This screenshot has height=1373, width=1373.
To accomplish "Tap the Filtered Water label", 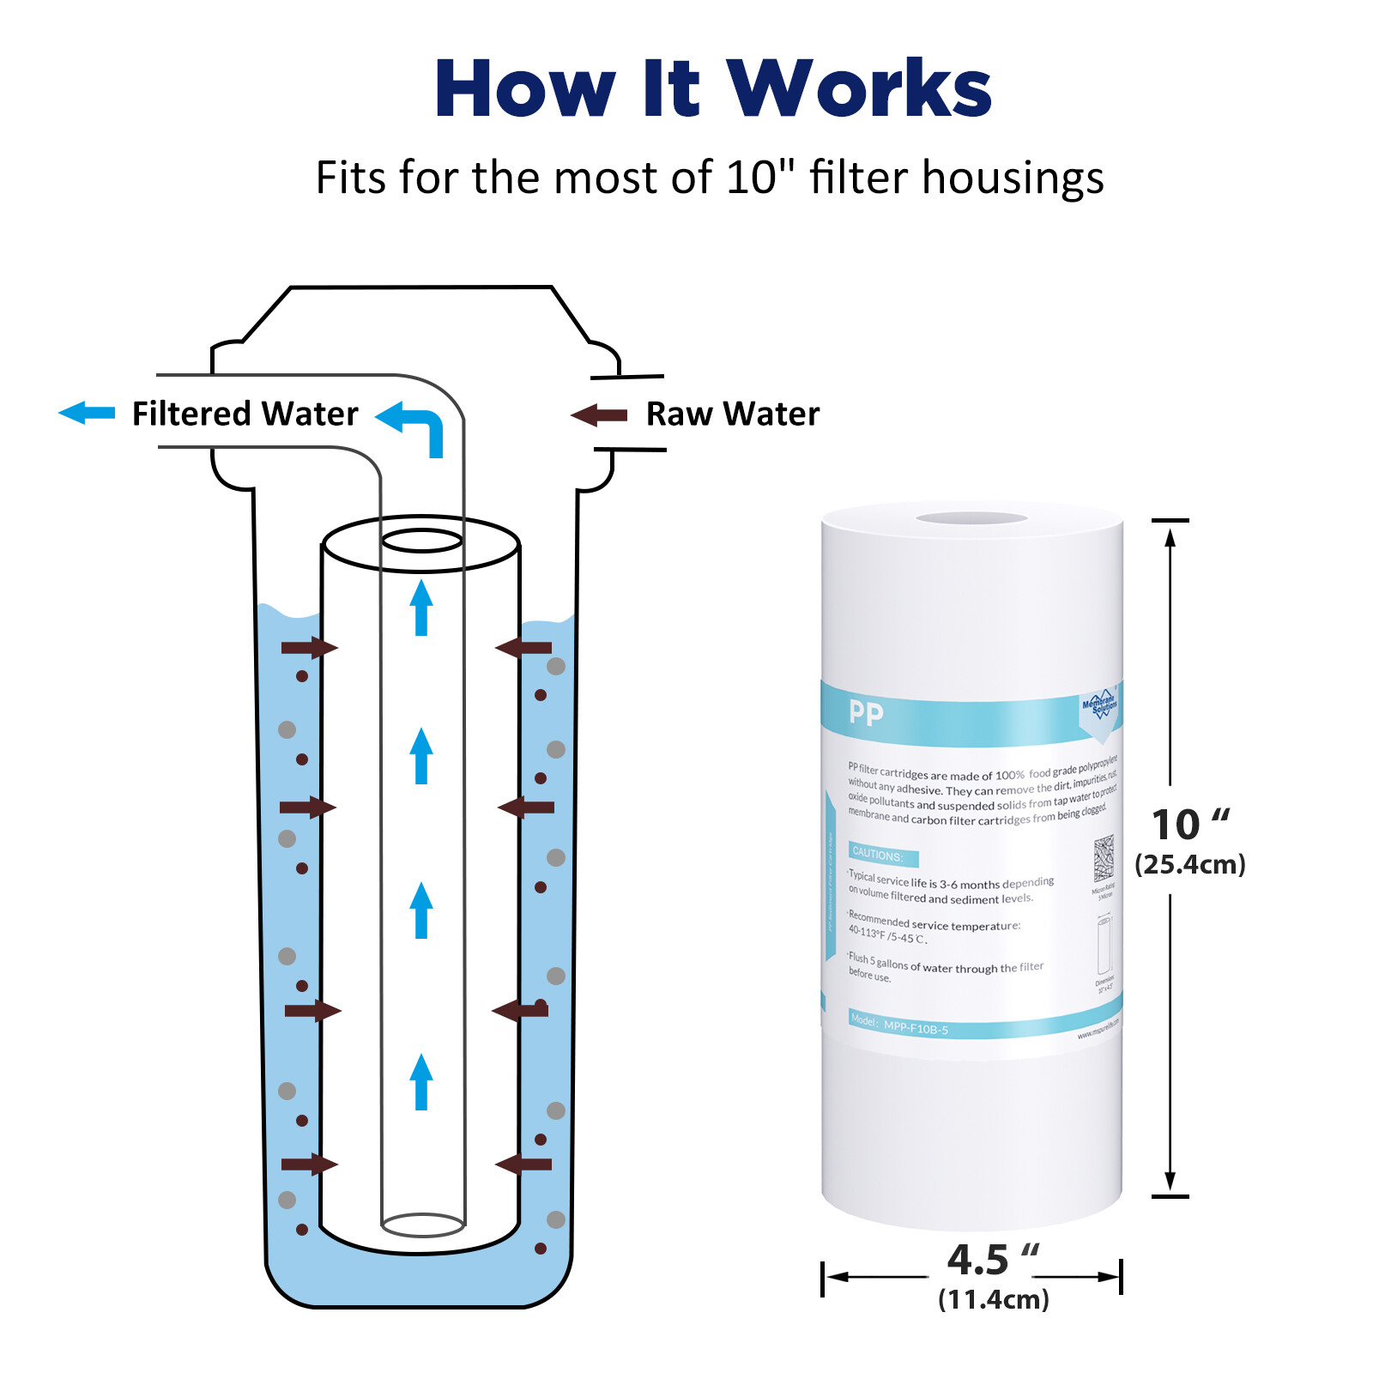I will (x=245, y=414).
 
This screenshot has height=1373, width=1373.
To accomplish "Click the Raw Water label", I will (x=732, y=414).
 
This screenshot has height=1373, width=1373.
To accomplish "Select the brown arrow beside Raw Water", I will (x=599, y=416).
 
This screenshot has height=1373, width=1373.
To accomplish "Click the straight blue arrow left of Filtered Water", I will (x=87, y=413).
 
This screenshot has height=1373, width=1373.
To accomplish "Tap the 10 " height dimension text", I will (x=1189, y=825).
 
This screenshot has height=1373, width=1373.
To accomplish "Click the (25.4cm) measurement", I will (x=1189, y=864).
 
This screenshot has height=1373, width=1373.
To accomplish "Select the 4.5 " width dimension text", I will (x=992, y=1260).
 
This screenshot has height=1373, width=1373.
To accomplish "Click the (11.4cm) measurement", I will (x=993, y=1299).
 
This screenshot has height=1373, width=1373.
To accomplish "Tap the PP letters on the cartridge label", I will (x=865, y=713).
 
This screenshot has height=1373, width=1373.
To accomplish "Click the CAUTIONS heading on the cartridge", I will (x=878, y=856).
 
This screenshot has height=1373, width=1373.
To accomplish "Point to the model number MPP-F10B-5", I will (x=916, y=1028).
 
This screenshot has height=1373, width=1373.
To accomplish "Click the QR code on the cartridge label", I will (x=1104, y=858).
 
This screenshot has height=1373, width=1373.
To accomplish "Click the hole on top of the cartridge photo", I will (x=971, y=518).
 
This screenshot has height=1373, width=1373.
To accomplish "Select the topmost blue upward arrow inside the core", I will (x=420, y=608).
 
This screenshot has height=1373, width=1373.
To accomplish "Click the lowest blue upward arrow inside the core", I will (x=420, y=1081).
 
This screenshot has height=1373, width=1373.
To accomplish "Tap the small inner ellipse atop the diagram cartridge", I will (x=421, y=541).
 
